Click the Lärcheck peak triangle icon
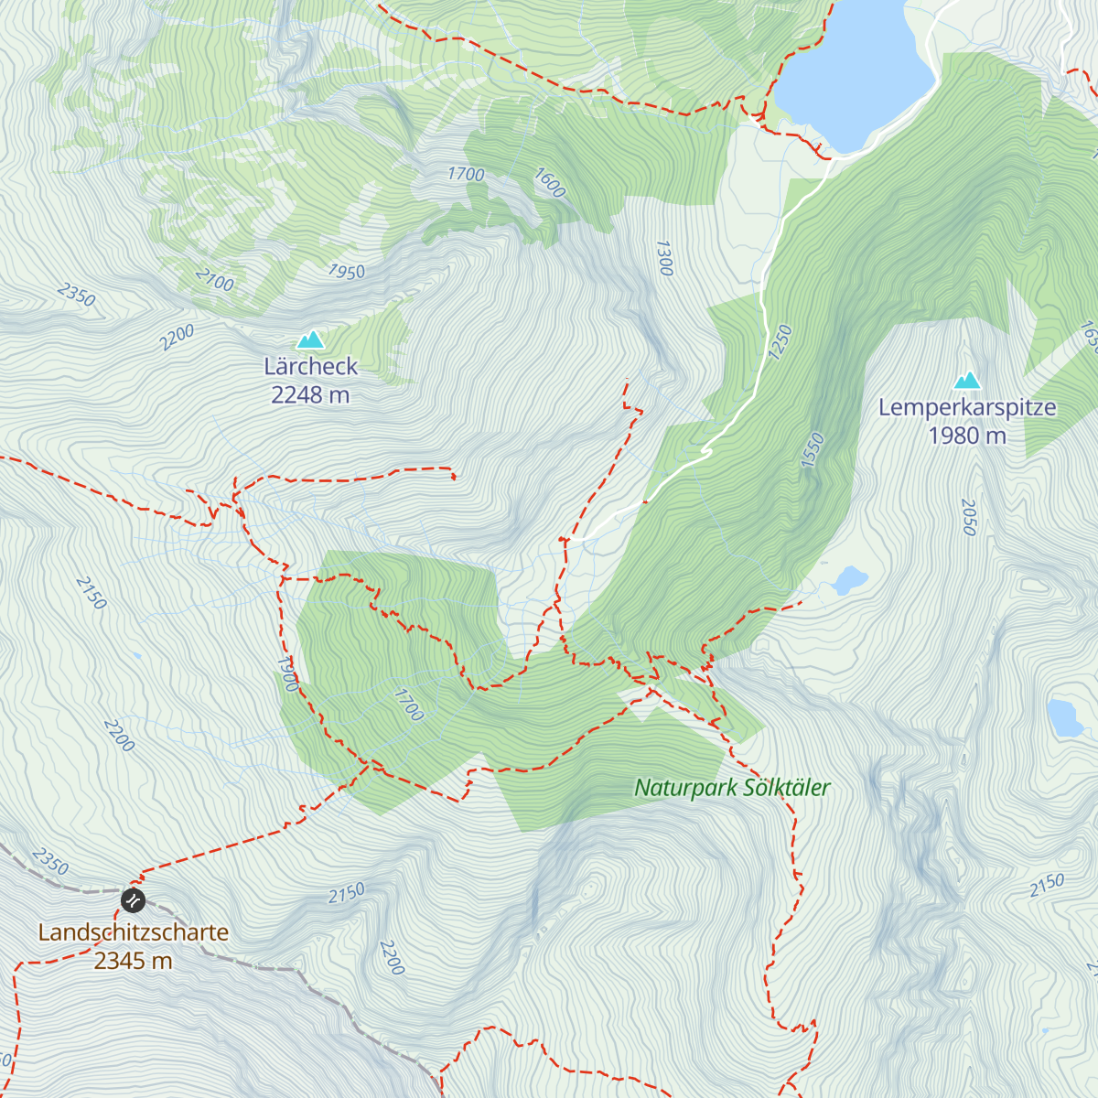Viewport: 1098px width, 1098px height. (x=311, y=339)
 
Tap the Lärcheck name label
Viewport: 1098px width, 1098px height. (x=311, y=367)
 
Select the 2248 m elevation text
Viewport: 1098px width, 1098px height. (x=311, y=395)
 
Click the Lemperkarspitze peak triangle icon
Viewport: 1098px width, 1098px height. (x=967, y=380)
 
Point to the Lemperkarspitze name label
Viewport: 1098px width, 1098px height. (x=967, y=408)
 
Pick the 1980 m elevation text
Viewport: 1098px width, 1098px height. (x=967, y=436)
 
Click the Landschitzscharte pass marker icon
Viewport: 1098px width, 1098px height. (x=133, y=900)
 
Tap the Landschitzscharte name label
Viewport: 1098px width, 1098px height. (x=134, y=932)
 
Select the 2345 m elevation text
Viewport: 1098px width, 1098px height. (x=134, y=961)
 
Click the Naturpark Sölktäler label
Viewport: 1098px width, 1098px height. (x=732, y=788)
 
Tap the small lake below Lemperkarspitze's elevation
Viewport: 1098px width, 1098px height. (x=850, y=579)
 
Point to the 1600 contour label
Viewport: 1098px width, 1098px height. (x=550, y=183)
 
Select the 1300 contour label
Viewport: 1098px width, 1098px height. (x=664, y=258)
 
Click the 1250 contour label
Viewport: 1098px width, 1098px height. (x=780, y=342)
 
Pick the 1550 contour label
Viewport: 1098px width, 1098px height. (x=813, y=450)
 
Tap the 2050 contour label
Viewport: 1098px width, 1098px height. (x=969, y=517)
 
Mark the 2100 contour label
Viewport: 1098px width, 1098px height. (x=215, y=278)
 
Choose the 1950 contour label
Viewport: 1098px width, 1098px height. (x=347, y=271)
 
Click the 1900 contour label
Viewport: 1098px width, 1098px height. (x=287, y=673)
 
